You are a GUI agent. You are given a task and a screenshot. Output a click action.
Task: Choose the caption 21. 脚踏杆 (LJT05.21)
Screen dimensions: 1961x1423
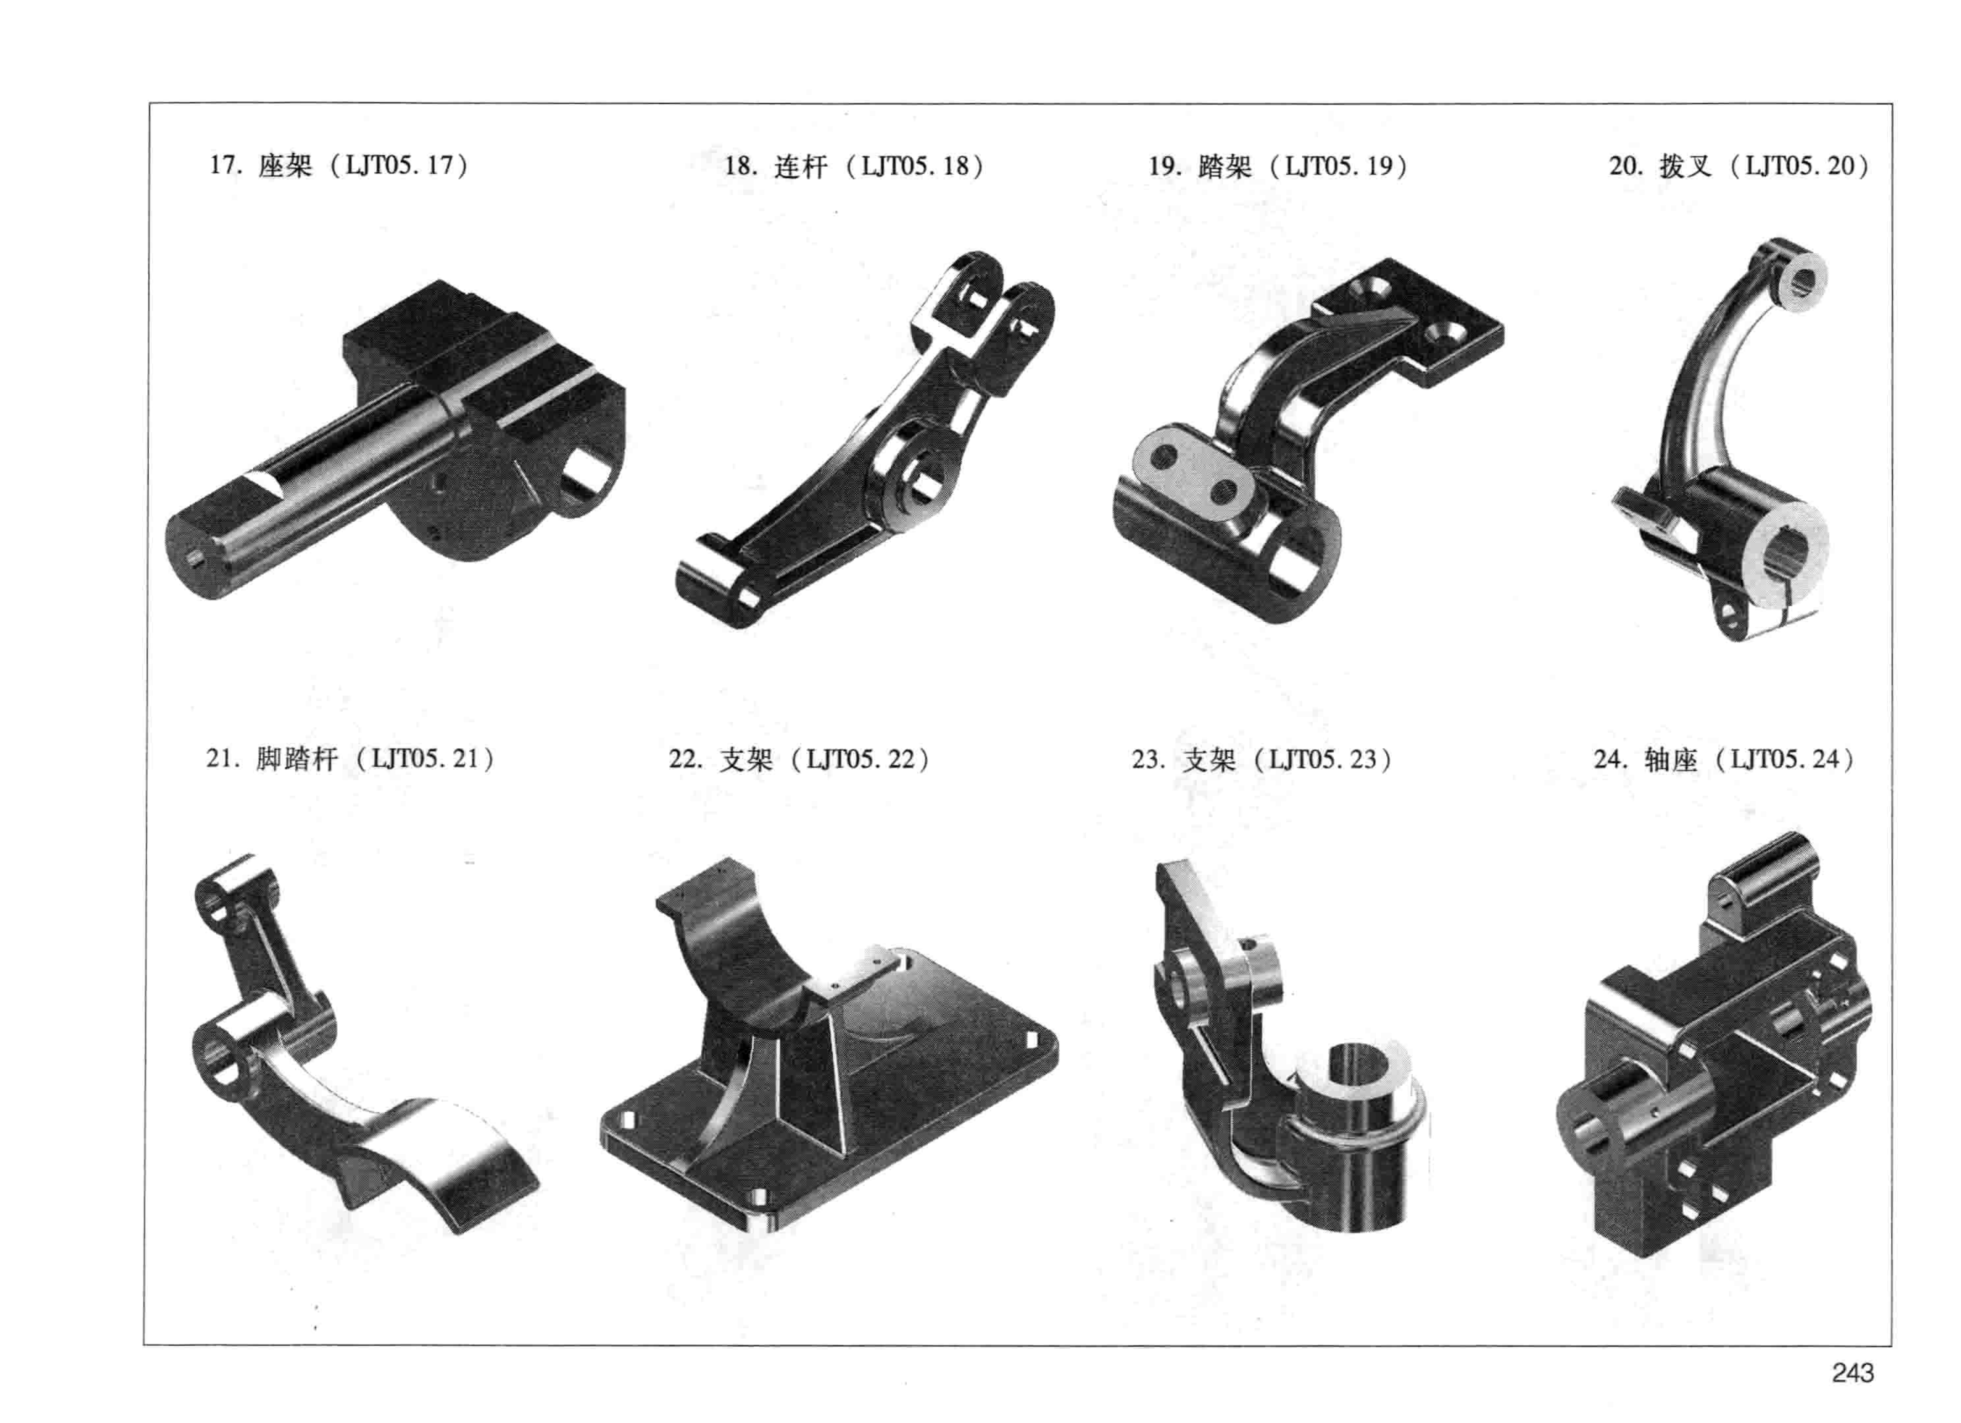coord(350,759)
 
